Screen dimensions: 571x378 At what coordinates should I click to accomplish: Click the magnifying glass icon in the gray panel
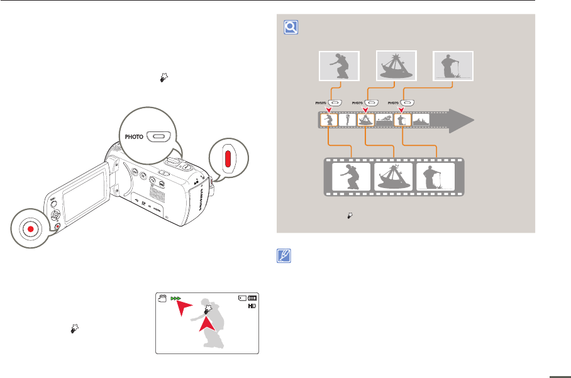291,27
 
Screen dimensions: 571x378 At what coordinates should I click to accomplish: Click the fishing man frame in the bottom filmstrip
436,177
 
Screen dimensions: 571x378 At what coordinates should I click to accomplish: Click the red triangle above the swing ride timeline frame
365,109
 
